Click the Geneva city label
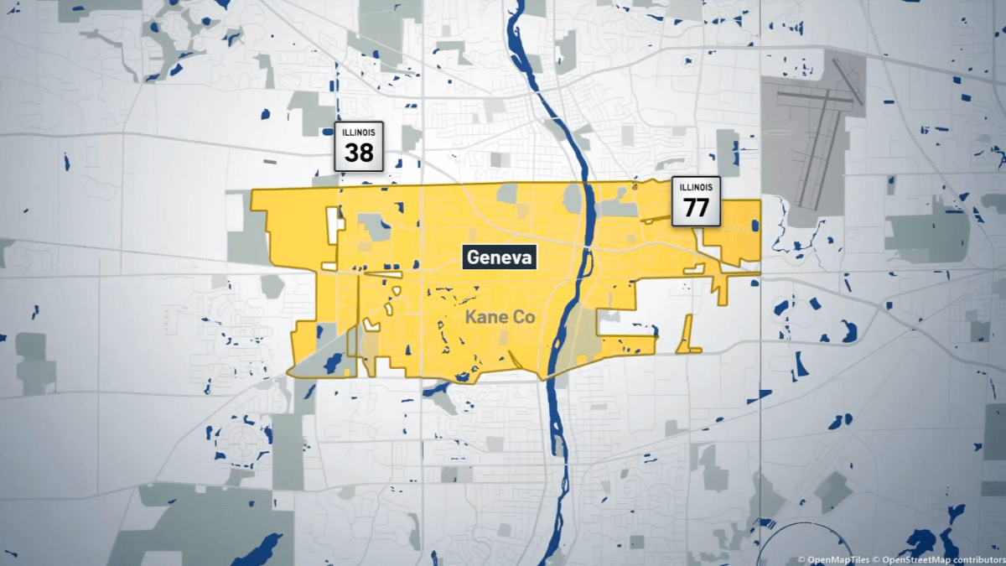click(x=500, y=258)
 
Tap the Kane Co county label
click(x=500, y=318)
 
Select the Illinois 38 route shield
click(x=359, y=147)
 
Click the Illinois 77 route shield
click(x=696, y=201)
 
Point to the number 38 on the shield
click(x=359, y=153)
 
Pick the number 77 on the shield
click(x=696, y=207)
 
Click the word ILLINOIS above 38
click(x=359, y=132)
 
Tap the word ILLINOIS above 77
click(x=696, y=187)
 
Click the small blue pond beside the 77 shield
click(x=754, y=226)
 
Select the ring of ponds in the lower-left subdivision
click(x=242, y=440)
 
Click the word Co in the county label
click(x=524, y=318)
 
